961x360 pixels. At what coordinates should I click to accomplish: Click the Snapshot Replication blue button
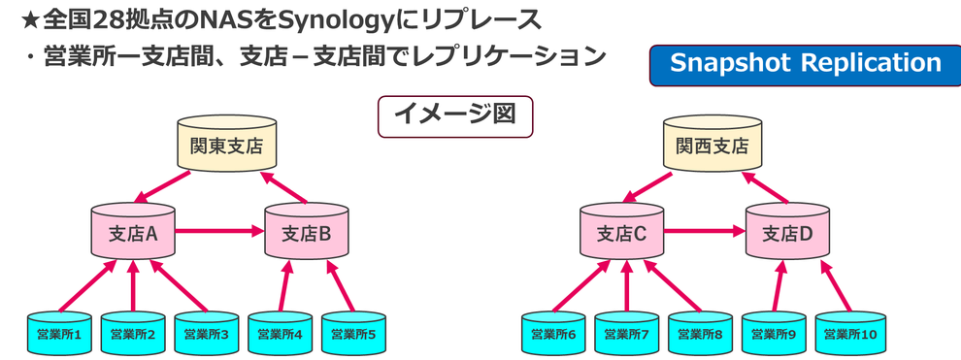805,65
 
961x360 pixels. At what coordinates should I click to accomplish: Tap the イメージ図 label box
454,115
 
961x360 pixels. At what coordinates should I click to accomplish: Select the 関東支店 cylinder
226,144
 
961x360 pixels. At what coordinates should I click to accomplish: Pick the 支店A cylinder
134,231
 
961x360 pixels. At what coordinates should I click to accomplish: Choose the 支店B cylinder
307,231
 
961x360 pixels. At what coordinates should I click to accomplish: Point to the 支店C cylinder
621,231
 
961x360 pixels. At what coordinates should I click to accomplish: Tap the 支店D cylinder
787,231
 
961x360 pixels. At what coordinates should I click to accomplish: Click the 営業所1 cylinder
59,333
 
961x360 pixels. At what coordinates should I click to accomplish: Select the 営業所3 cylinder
207,333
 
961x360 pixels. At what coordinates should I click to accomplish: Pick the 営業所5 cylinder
353,333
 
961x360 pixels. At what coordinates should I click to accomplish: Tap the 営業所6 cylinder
554,333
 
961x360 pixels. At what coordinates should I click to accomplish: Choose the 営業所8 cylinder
701,333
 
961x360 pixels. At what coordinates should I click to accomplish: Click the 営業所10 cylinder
848,333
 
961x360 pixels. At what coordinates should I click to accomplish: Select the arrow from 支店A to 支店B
220,231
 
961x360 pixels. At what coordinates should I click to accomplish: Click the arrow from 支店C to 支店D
705,231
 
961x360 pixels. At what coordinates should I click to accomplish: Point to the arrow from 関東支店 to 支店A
162,186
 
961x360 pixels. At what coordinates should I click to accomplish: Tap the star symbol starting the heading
31,20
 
